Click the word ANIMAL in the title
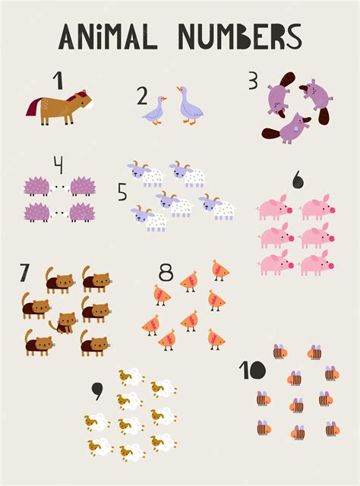click(108, 36)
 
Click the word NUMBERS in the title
click(240, 36)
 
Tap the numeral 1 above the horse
click(58, 80)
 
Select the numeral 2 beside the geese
click(142, 96)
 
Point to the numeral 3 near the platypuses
click(253, 80)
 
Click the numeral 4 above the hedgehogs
click(58, 165)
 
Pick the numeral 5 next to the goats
click(122, 191)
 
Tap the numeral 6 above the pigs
click(298, 179)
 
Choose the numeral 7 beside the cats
click(24, 273)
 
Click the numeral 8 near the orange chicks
click(166, 272)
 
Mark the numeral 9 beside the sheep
click(97, 391)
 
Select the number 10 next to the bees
click(252, 370)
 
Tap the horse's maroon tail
click(33, 106)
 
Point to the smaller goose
click(154, 111)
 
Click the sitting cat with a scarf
click(64, 323)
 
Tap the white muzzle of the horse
click(90, 106)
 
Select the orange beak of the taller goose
click(178, 89)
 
